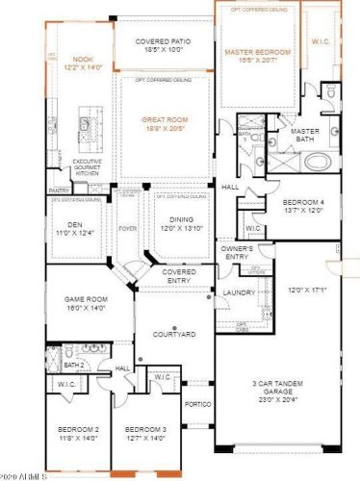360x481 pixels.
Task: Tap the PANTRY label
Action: click(x=58, y=190)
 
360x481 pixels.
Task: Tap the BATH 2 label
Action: click(x=73, y=366)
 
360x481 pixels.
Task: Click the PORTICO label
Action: click(x=197, y=403)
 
